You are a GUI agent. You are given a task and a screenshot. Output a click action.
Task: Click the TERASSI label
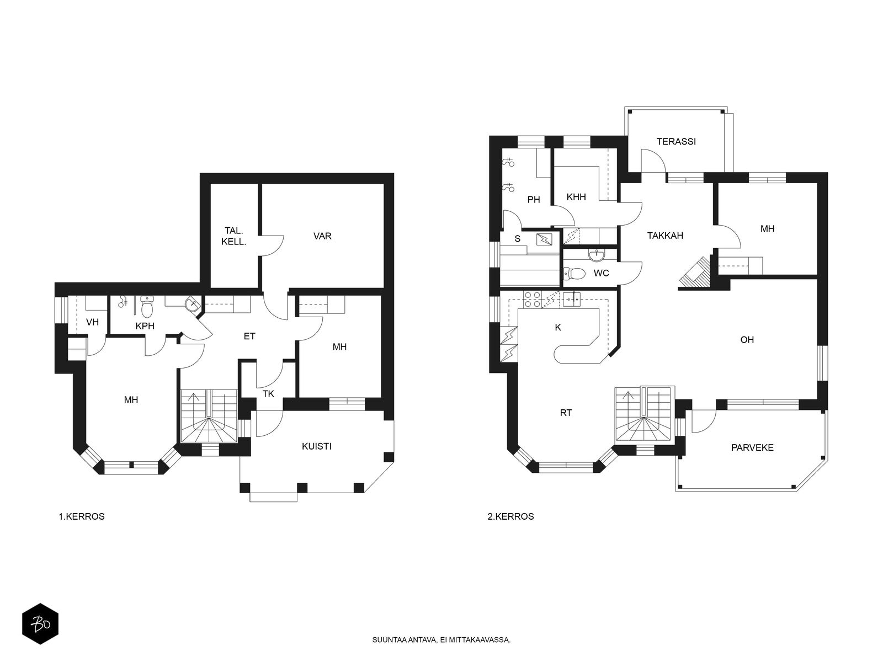676,141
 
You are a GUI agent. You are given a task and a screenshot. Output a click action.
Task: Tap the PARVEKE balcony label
752,448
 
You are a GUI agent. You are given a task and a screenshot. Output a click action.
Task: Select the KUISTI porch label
317,446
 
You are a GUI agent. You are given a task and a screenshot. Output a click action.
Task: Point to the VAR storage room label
322,236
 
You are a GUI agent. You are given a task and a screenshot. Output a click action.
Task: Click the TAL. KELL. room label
234,236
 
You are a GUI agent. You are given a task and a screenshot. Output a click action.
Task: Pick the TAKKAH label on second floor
665,236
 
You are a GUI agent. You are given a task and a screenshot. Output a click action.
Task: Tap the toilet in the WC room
574,274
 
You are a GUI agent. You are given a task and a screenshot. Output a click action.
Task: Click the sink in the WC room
595,254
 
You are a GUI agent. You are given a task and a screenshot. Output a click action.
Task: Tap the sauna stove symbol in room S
545,239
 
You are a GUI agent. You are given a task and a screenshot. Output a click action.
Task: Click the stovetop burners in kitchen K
532,300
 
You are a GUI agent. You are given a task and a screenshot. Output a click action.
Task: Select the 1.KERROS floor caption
82,516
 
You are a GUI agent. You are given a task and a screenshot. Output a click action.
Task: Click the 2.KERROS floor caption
510,516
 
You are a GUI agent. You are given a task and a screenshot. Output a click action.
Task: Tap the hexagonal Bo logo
40,623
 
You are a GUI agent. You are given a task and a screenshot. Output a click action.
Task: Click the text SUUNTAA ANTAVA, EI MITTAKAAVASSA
441,640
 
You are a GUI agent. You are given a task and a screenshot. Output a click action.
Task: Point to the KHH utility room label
576,197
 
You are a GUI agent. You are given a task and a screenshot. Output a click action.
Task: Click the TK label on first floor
268,394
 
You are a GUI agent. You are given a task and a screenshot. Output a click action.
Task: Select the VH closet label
93,322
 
